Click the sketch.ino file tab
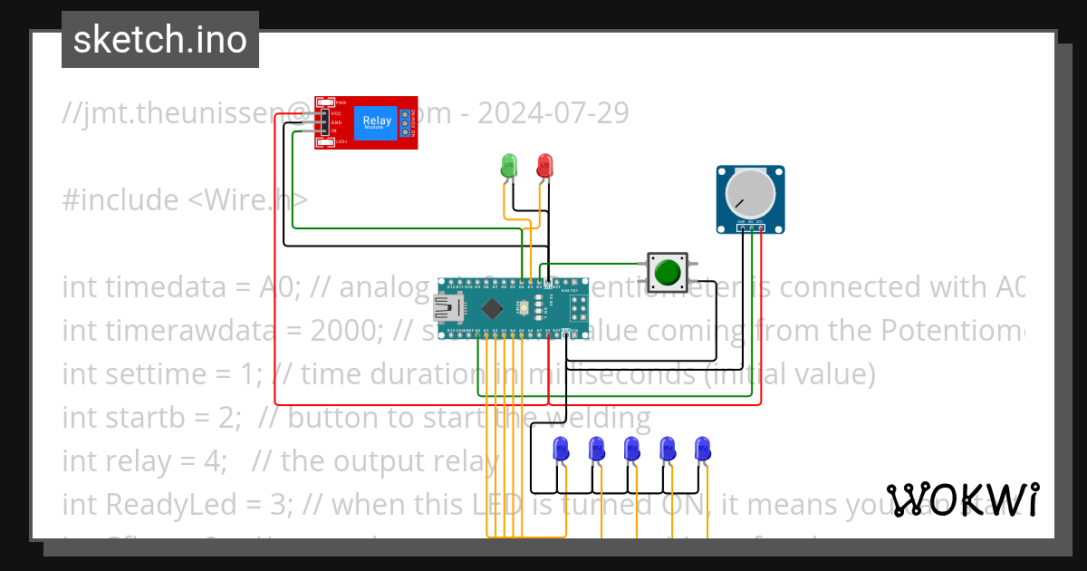[x=160, y=40]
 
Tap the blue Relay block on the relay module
[x=377, y=122]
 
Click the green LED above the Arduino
[x=510, y=165]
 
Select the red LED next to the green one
[x=544, y=165]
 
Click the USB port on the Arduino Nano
[x=448, y=309]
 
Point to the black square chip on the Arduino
[x=490, y=306]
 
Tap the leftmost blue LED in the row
[x=561, y=448]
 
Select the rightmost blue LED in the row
[x=702, y=448]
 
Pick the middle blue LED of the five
[x=631, y=448]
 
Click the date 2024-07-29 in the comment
[x=553, y=113]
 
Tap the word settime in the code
[x=152, y=373]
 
